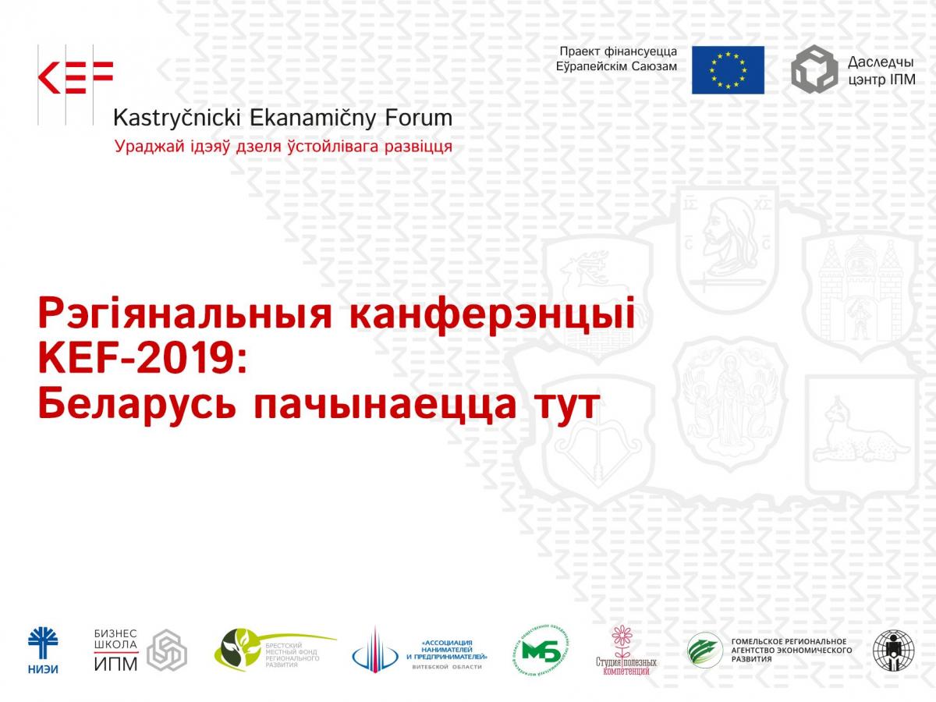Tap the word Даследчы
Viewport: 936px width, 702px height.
click(x=881, y=62)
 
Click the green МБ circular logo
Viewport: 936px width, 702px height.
click(x=541, y=650)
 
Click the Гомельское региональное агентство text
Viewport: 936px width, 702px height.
click(x=790, y=650)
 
